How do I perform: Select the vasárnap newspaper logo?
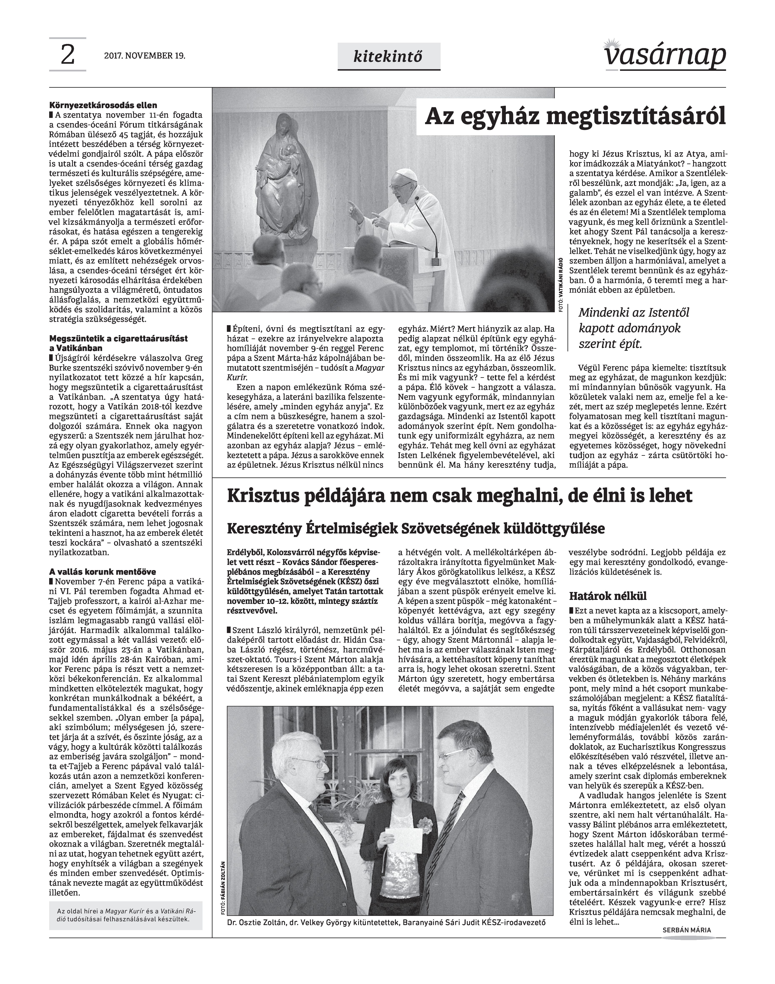pyautogui.click(x=665, y=55)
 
